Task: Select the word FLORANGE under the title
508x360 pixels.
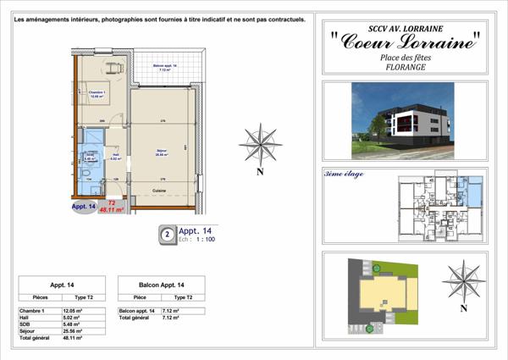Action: pyautogui.click(x=404, y=64)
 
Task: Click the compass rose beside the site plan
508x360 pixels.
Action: pyautogui.click(x=462, y=279)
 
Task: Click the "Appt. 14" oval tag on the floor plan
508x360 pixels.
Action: pyautogui.click(x=83, y=205)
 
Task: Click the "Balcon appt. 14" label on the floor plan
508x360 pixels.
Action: pyautogui.click(x=164, y=67)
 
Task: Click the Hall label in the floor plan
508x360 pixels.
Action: pyautogui.click(x=116, y=156)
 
